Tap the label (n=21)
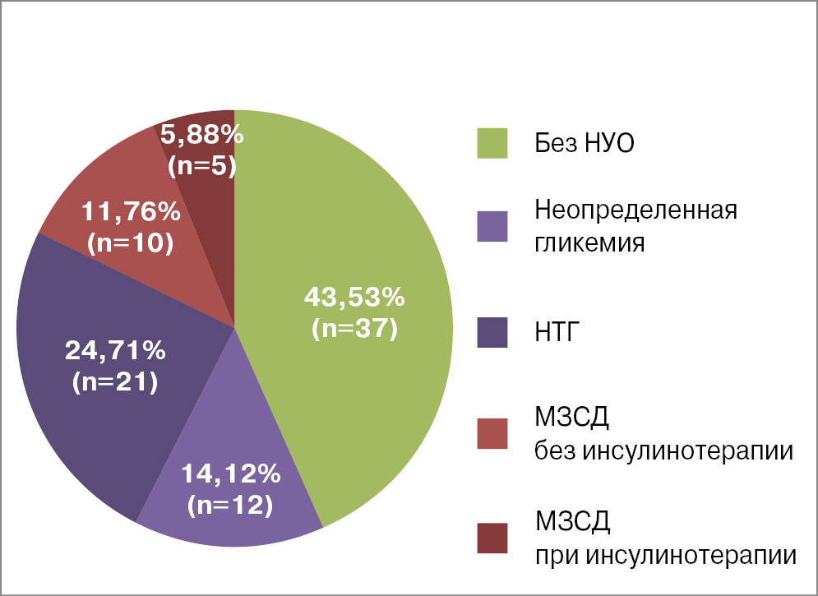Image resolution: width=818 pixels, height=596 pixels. [x=115, y=382]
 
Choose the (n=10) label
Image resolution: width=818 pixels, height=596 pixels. [x=131, y=243]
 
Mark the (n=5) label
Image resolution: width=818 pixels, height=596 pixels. [x=202, y=166]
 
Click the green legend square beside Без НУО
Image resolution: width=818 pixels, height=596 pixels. [x=492, y=143]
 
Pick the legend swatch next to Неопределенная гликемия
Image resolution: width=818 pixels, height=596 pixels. [x=492, y=226]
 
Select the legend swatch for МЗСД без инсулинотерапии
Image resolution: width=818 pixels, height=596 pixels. [x=492, y=433]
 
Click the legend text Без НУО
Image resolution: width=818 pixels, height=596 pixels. [x=585, y=145]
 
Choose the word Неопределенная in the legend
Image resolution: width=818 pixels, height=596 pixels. [x=635, y=210]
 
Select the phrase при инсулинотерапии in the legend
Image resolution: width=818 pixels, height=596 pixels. [x=665, y=556]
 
